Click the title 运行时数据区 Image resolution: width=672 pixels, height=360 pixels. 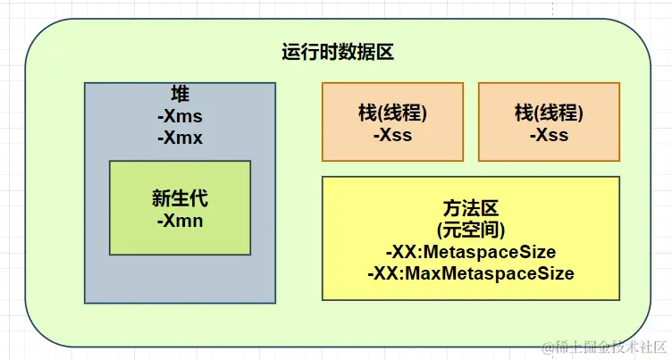pos(338,52)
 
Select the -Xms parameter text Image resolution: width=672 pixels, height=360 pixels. pos(180,116)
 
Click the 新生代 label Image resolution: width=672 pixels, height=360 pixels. pos(180,198)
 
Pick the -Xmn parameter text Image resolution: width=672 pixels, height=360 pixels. pos(180,220)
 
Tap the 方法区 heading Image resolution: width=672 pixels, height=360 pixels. pos(470,207)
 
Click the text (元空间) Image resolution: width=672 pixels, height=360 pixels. pos(470,229)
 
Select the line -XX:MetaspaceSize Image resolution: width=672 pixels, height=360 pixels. pos(470,251)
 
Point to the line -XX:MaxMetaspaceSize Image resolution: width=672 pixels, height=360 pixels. pos(470,272)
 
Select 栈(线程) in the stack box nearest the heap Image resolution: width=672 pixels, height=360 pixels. pos(391,113)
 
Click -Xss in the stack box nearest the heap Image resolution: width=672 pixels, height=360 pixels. pos(391,135)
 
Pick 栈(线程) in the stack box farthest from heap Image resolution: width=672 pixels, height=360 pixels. pos(549,113)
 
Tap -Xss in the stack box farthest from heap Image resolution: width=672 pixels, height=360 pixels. pos(549,135)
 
